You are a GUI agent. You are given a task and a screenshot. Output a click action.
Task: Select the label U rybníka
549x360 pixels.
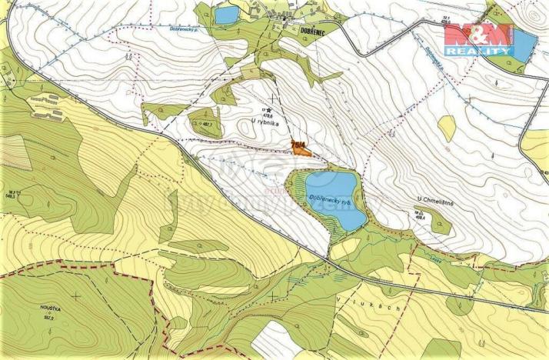tap(265, 121)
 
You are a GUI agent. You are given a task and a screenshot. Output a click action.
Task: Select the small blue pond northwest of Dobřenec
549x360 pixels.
tap(226, 15)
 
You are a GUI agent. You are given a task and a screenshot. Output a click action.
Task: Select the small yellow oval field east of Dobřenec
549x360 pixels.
tap(447, 128)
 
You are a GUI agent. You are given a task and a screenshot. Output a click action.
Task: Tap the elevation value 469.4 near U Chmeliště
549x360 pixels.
tap(421, 217)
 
